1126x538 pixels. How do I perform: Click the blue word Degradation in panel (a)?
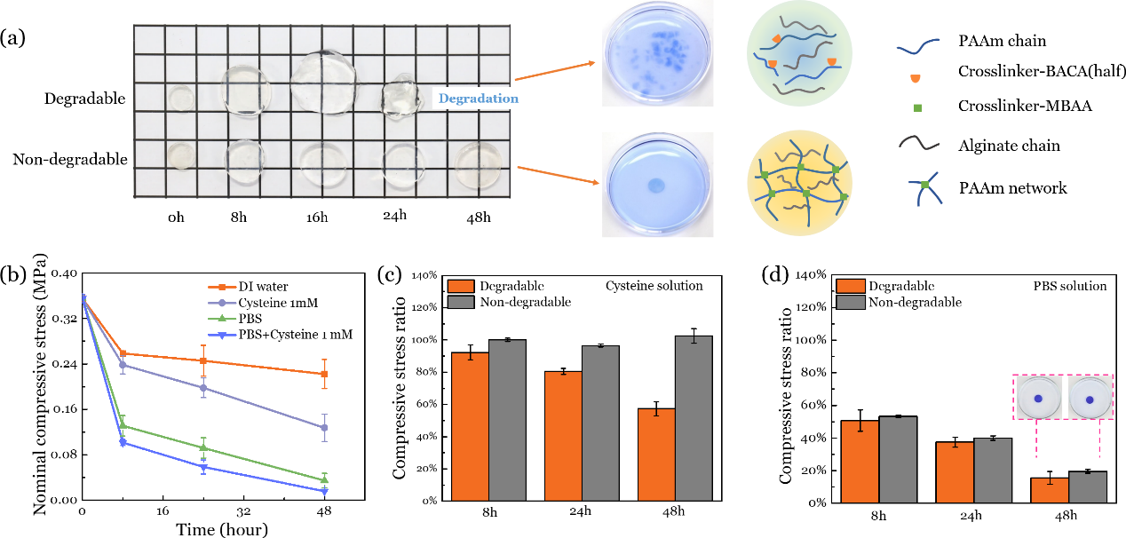coord(476,99)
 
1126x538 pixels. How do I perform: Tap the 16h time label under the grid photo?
coord(321,216)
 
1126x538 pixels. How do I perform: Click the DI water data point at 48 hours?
coord(325,374)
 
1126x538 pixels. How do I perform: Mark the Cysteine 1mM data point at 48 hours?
coord(325,428)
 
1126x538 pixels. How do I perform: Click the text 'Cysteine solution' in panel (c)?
coord(654,285)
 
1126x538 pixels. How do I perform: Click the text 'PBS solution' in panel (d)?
coord(1069,286)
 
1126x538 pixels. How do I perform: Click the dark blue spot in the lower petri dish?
coord(656,186)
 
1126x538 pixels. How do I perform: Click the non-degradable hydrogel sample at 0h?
coord(181,156)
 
